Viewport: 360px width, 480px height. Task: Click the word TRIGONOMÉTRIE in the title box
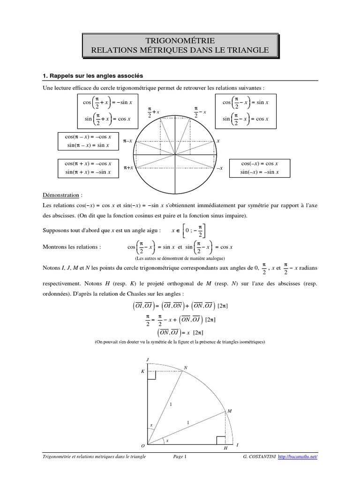click(x=180, y=41)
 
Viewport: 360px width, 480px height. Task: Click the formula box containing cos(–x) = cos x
click(x=259, y=168)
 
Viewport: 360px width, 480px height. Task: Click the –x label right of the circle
click(x=220, y=168)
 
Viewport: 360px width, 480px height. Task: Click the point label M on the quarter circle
click(x=230, y=411)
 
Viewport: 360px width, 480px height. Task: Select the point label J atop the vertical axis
click(x=148, y=359)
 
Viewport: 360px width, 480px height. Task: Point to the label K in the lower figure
click(x=143, y=371)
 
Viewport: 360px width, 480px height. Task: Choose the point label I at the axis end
click(x=238, y=444)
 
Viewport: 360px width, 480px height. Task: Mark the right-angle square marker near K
click(x=152, y=374)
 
